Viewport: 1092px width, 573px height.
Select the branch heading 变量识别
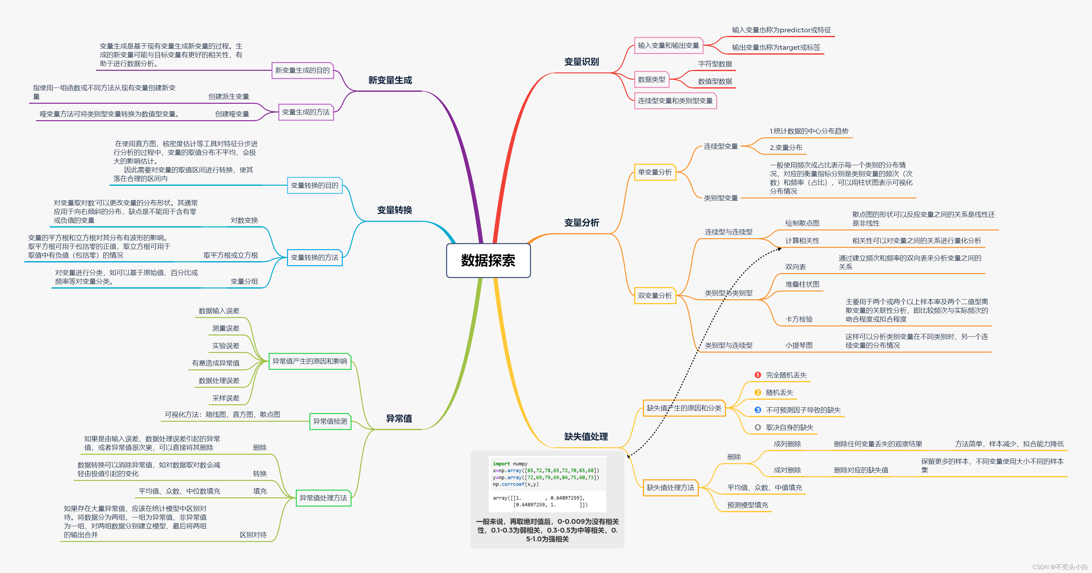(x=581, y=62)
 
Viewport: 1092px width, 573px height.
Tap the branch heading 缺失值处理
(x=586, y=437)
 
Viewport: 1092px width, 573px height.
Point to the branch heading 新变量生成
(x=390, y=80)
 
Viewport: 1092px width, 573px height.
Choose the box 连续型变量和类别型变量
(x=675, y=101)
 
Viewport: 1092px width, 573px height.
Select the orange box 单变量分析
(x=655, y=172)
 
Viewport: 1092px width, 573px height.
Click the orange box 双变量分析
(x=655, y=295)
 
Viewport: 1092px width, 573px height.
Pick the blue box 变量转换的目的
(x=315, y=185)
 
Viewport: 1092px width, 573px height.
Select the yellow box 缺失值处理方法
(x=670, y=487)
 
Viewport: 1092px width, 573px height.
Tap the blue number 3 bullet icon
(x=757, y=410)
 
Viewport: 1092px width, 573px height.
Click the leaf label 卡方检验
(x=799, y=319)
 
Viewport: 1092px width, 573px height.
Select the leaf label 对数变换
(x=244, y=220)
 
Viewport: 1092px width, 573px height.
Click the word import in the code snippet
(x=501, y=464)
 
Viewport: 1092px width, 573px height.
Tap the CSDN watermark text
(x=1059, y=567)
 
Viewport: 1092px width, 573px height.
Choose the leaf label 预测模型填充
(x=747, y=505)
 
